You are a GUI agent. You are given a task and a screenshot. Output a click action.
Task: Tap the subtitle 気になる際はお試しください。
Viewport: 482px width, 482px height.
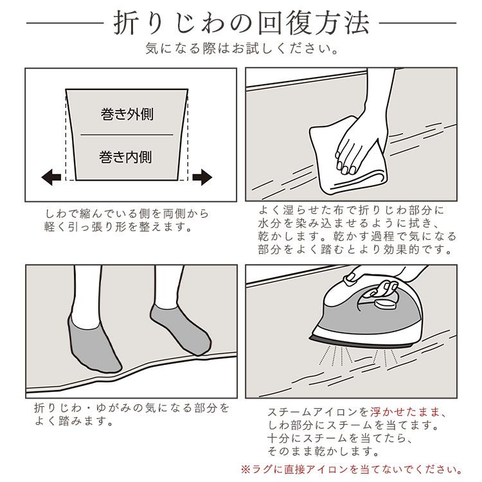tap(240, 49)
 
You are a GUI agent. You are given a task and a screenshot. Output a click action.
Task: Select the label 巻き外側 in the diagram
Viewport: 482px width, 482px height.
tap(127, 115)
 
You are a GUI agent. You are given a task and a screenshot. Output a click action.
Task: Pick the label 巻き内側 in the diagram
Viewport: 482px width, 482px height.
tap(127, 156)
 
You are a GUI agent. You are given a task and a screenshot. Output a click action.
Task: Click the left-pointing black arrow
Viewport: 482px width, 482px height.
tap(49, 177)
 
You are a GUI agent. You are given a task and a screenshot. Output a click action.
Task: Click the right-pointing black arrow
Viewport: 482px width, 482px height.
tap(202, 177)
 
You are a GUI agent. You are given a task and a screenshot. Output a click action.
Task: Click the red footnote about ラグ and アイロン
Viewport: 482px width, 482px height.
tap(351, 468)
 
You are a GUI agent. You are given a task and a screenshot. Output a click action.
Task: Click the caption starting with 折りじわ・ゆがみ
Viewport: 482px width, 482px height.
tap(131, 415)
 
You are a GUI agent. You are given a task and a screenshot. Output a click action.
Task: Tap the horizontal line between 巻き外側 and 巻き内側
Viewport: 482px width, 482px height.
tap(127, 135)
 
